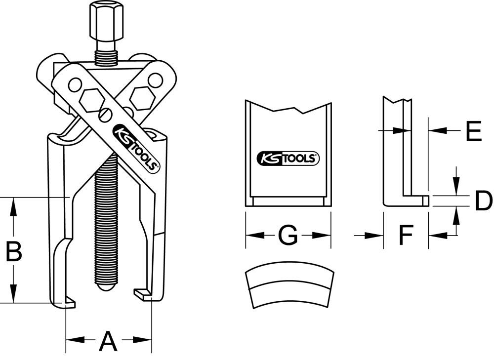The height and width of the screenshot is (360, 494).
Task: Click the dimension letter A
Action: pos(108,341)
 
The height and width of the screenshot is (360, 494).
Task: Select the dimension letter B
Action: pos(13,252)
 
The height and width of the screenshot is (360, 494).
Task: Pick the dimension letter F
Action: pos(405,236)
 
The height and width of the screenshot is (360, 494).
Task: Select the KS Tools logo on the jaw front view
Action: pos(288,159)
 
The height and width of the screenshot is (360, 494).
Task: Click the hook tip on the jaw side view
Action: pos(424,200)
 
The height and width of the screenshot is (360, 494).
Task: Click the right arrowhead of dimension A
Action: pos(146,340)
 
